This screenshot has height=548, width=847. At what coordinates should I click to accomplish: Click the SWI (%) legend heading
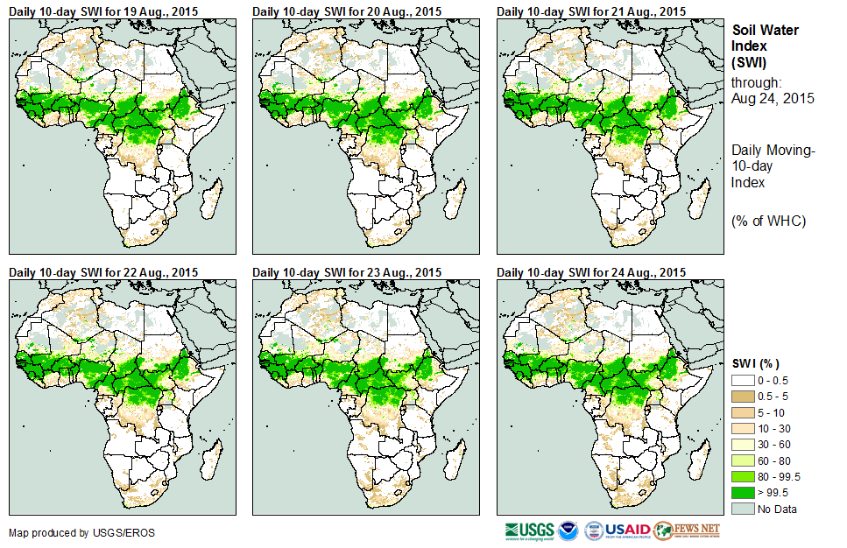(755, 363)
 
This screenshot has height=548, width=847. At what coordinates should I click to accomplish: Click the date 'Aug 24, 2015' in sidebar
(773, 98)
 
